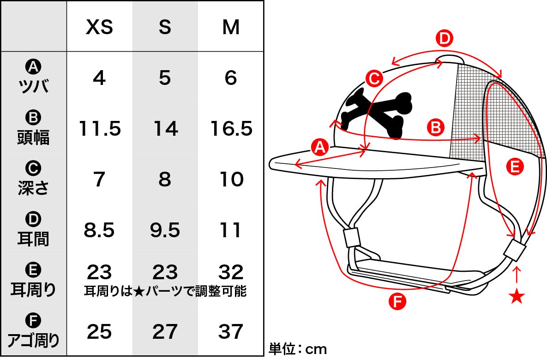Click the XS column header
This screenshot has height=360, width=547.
coord(99,27)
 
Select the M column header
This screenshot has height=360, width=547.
coord(231,27)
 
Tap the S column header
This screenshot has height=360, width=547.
coord(165,27)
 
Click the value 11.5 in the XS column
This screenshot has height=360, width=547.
coord(100,128)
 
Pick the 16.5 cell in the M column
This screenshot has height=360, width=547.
coord(231,128)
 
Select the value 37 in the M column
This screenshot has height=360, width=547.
coord(231,331)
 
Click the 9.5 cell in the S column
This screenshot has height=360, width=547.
coord(165,230)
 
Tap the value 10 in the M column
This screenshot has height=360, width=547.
coord(231,179)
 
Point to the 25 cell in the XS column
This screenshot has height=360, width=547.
coord(99,331)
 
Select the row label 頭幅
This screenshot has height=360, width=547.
coord(34,137)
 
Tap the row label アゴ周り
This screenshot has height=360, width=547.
coord(34,340)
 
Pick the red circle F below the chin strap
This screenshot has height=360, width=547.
coord(397,301)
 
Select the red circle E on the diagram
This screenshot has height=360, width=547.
coord(515,167)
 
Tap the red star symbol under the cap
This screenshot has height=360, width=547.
coord(517,296)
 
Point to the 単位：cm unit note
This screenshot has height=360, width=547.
coord(298,349)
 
